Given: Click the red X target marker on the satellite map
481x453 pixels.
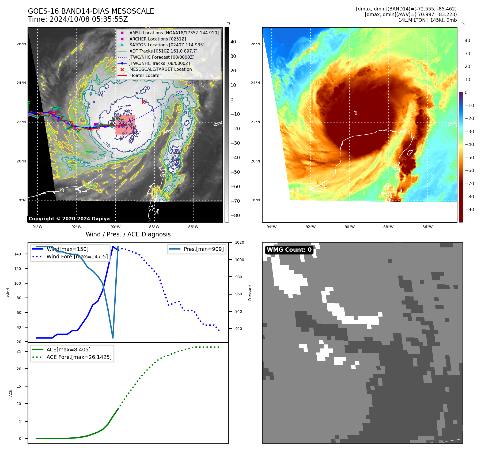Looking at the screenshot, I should (x=143, y=102).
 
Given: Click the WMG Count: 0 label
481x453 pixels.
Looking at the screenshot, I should (x=289, y=250).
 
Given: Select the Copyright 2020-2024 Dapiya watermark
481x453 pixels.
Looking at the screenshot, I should (x=69, y=219).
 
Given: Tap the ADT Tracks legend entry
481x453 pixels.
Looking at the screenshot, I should (x=163, y=51).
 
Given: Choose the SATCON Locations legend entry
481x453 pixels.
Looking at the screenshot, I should (x=167, y=45).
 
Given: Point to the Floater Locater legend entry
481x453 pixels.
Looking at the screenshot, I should (x=145, y=75).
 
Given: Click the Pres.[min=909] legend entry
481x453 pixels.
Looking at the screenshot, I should (x=203, y=249).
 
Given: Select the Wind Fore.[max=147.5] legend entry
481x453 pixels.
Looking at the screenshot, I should (x=77, y=257).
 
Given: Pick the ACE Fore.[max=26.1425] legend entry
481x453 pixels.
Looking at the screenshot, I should (x=79, y=357).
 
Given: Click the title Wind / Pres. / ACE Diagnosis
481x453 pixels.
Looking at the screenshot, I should (x=128, y=234).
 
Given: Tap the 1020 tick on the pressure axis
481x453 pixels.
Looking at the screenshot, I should (x=239, y=242).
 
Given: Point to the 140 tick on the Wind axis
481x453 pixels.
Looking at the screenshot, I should (x=17, y=254).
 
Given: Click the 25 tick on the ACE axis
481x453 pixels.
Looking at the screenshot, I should (x=19, y=351).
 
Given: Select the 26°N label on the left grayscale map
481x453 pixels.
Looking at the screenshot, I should (x=21, y=44).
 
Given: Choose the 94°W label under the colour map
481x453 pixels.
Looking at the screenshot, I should (x=271, y=227).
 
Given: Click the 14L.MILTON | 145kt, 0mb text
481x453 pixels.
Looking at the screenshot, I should (x=427, y=20).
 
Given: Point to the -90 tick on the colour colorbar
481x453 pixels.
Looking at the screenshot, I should (x=469, y=210).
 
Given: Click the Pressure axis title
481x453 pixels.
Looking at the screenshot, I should (x=250, y=293).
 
